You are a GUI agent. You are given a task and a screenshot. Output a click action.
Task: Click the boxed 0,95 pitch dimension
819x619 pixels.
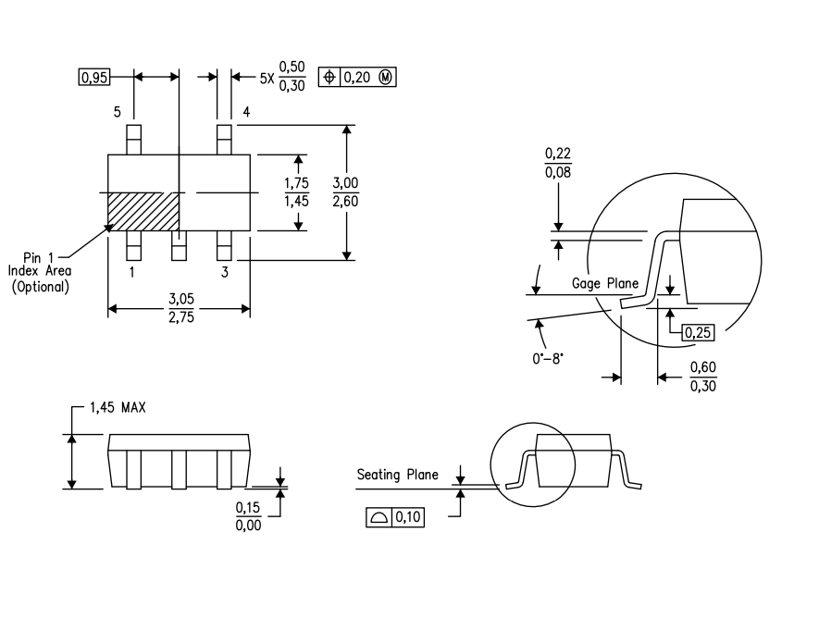93,79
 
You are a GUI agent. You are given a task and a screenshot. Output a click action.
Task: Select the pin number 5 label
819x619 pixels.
118,112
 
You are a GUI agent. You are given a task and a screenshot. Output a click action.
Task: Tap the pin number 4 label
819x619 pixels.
246,112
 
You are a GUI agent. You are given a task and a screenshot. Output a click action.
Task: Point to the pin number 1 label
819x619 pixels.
131,272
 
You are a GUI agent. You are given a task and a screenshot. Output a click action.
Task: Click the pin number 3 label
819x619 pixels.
224,272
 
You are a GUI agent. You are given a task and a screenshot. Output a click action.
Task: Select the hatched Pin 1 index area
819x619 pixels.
143,211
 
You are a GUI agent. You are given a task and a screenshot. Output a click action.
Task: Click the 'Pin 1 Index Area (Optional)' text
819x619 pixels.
40,271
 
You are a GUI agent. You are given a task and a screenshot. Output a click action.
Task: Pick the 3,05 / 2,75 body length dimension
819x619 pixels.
180,309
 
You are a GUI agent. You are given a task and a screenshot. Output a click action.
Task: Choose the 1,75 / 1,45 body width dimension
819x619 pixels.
297,193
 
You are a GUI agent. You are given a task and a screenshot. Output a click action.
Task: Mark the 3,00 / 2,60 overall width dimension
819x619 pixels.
345,192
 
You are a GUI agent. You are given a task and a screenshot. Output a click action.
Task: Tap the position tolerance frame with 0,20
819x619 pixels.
357,78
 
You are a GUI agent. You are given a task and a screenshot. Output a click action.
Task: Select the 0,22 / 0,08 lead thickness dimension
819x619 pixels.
557,164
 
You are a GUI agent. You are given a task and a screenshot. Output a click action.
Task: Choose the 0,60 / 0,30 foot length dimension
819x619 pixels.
702,377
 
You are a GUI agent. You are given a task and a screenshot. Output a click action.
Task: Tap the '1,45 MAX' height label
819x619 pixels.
118,407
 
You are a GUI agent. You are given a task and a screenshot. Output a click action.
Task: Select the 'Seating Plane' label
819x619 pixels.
397,475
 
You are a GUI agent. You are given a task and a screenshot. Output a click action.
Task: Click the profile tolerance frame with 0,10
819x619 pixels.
395,518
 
